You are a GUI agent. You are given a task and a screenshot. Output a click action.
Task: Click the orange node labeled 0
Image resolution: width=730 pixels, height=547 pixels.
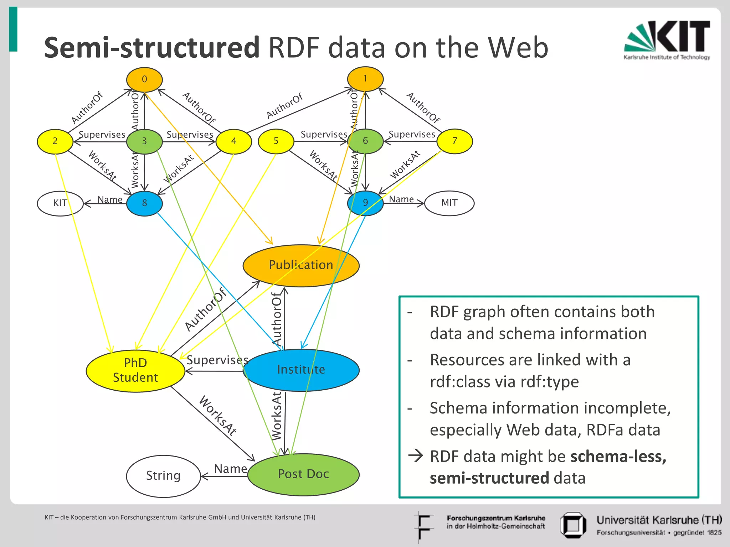pyautogui.click(x=144, y=79)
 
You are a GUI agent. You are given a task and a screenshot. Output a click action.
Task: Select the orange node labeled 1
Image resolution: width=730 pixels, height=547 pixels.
pyautogui.click(x=365, y=79)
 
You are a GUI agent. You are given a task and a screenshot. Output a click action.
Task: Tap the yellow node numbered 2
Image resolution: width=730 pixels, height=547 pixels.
pyautogui.click(x=55, y=141)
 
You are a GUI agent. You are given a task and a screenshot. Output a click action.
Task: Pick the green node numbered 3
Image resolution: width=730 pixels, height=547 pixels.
pyautogui.click(x=144, y=141)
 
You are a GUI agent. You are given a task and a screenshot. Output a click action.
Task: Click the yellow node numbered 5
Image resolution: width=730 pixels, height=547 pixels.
pyautogui.click(x=276, y=141)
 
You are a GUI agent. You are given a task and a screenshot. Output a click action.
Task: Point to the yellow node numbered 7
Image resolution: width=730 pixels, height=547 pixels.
pyautogui.click(x=454, y=141)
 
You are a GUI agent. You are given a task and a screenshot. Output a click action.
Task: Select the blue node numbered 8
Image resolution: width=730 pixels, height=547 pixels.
pyautogui.click(x=144, y=203)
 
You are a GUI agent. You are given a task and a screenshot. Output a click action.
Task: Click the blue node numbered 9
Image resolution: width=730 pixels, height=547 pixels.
pyautogui.click(x=365, y=203)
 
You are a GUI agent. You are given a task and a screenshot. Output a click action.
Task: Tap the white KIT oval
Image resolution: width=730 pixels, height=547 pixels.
pyautogui.click(x=60, y=203)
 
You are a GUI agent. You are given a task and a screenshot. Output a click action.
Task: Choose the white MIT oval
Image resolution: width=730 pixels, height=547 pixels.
pyautogui.click(x=449, y=203)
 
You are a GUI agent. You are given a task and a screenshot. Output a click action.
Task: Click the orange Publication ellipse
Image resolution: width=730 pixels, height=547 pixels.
pyautogui.click(x=301, y=265)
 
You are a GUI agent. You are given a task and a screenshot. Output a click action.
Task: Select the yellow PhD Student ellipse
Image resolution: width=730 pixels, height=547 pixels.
pyautogui.click(x=135, y=370)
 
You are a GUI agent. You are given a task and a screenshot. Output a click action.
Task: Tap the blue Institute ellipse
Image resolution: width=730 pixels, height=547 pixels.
pyautogui.click(x=301, y=370)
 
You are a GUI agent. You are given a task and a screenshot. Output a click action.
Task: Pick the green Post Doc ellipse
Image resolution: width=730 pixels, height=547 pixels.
pyautogui.click(x=303, y=474)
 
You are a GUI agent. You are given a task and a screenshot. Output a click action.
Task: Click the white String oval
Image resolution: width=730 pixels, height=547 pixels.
pyautogui.click(x=163, y=476)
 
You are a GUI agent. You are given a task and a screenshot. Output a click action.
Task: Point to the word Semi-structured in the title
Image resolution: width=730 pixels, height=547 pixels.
pyautogui.click(x=151, y=48)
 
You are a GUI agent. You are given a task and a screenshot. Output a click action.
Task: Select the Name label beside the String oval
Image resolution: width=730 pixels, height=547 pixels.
pyautogui.click(x=230, y=469)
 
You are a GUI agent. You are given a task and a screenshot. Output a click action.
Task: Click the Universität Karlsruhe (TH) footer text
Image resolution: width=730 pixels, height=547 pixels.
pyautogui.click(x=659, y=520)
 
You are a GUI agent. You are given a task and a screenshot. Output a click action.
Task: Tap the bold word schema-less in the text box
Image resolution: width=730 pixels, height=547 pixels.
pyautogui.click(x=618, y=457)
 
